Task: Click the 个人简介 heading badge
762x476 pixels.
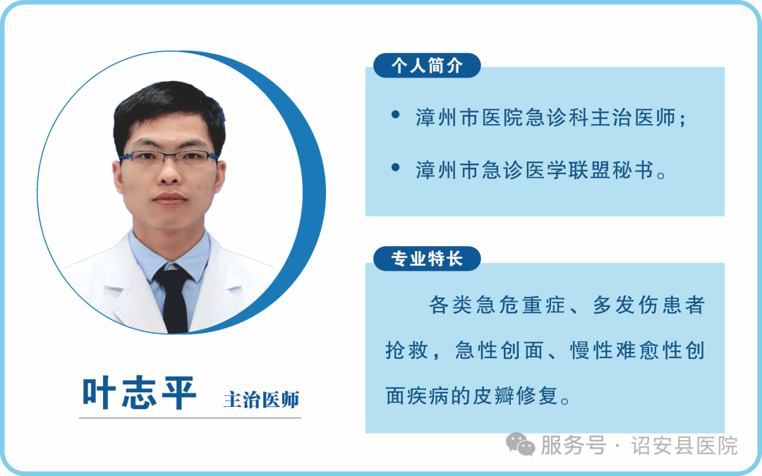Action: point(427,66)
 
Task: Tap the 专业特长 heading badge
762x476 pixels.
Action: point(427,259)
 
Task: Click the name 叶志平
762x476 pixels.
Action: point(140,393)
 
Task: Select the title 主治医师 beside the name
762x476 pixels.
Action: point(261,400)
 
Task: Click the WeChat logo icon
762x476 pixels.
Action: point(520,444)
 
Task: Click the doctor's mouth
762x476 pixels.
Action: point(169,199)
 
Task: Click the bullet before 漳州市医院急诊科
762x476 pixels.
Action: point(396,115)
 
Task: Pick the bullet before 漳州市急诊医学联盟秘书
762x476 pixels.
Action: point(396,168)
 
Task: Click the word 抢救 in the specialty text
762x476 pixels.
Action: point(407,350)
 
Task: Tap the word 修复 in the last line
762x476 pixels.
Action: point(537,396)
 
